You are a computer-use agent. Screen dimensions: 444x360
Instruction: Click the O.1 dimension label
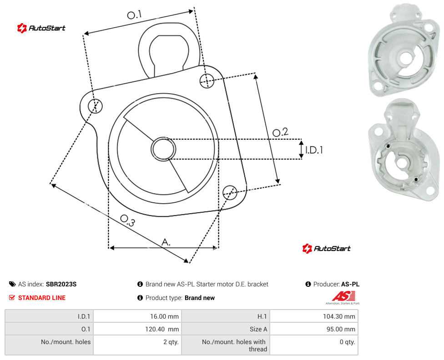[x=134, y=15]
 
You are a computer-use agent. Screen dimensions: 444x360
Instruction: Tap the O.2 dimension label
[x=280, y=132]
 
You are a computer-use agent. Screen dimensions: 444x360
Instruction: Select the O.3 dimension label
[x=128, y=221]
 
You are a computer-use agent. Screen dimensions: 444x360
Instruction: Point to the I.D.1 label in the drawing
[x=314, y=150]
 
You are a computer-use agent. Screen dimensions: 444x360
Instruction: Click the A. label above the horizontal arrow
[x=166, y=242]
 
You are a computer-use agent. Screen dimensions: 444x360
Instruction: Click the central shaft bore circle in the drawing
[x=163, y=149]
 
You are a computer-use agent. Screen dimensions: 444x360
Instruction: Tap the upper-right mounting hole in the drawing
[x=207, y=80]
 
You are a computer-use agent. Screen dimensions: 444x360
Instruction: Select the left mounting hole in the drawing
[x=95, y=106]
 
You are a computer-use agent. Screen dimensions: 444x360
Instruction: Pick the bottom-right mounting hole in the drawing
[x=230, y=193]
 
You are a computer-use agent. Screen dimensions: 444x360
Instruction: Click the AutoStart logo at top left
[x=41, y=28]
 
